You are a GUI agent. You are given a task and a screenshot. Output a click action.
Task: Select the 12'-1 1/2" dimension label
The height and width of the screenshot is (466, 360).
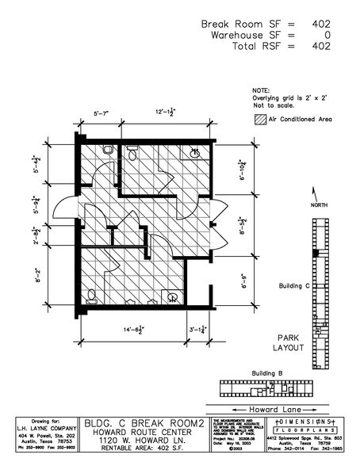[x=167, y=113]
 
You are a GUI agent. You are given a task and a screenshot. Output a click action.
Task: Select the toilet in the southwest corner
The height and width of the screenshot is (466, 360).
[x=94, y=296]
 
